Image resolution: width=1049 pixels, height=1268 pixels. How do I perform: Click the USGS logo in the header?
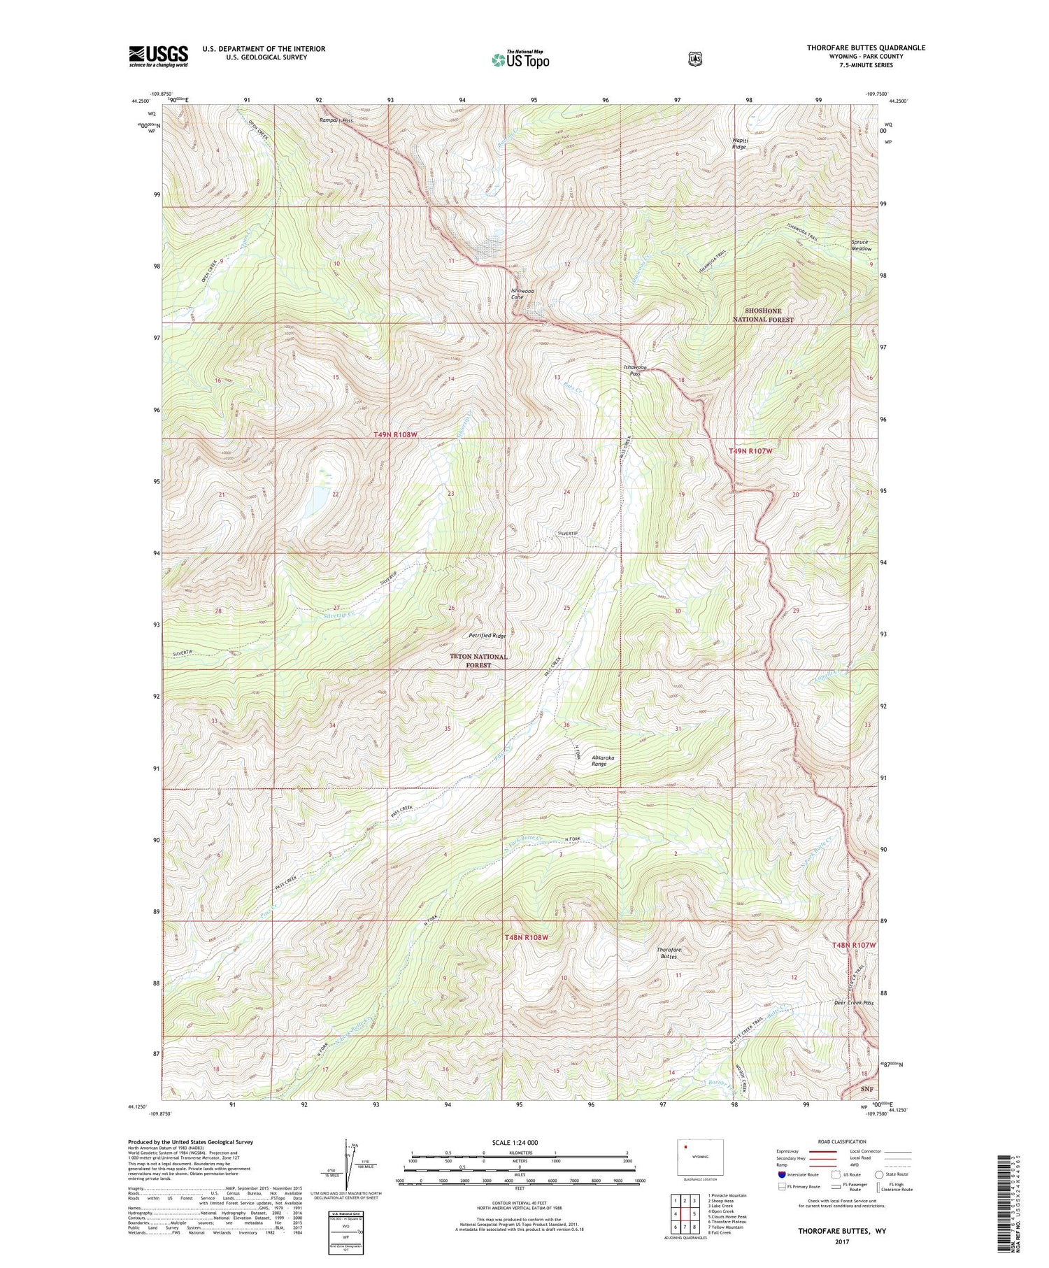(158, 56)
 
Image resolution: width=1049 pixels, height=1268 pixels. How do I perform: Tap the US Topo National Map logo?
(520, 59)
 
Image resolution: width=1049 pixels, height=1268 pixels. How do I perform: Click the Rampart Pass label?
(336, 120)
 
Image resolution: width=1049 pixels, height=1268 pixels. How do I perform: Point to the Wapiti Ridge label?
(738, 143)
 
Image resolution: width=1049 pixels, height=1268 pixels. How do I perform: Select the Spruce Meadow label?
(861, 245)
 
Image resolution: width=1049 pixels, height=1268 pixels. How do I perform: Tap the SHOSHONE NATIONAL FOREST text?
(762, 315)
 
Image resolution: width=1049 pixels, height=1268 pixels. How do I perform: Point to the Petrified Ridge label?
(487, 636)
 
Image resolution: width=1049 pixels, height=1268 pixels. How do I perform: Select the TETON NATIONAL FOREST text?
(479, 661)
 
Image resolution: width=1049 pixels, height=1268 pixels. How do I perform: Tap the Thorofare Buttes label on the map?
(669, 953)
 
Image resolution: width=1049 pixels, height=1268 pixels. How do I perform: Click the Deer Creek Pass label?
(853, 1002)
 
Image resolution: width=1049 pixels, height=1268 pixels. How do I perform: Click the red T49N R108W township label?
(395, 434)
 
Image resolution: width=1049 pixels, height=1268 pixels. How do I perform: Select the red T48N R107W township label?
(853, 945)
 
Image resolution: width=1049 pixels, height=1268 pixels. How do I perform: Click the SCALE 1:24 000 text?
(520, 1142)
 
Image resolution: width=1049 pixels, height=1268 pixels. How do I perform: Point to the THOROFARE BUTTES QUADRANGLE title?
(866, 48)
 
